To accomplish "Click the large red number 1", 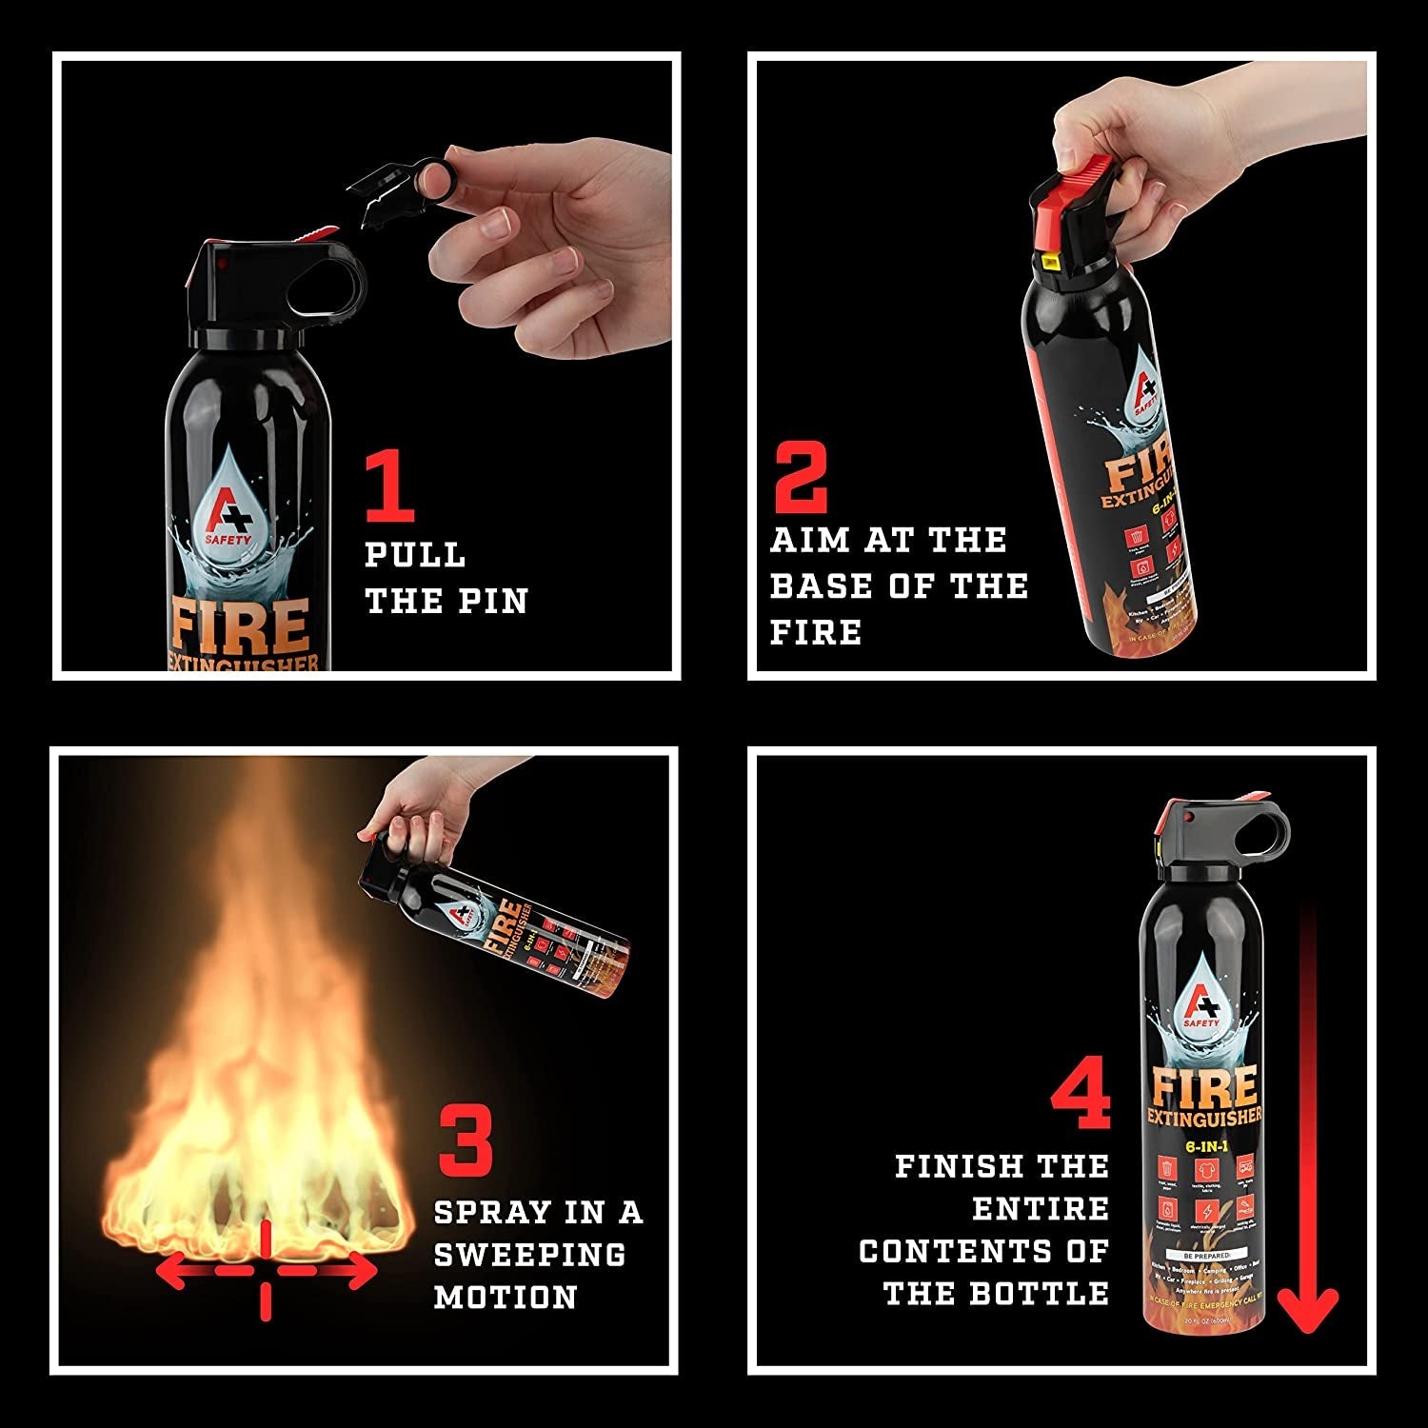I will coord(391,487).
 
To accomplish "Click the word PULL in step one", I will coord(415,555).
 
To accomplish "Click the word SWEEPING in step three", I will coord(529,1255).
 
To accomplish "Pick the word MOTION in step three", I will coord(506,1298).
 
